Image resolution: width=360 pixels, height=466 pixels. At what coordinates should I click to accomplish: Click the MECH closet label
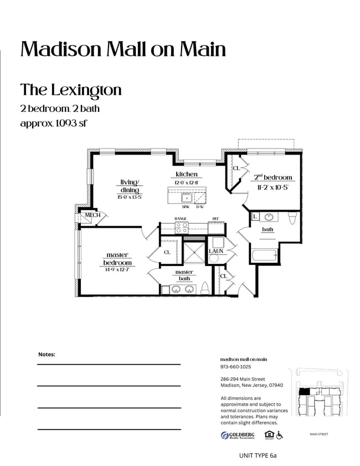(92, 215)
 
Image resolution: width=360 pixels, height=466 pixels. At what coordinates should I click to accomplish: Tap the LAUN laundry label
(216, 252)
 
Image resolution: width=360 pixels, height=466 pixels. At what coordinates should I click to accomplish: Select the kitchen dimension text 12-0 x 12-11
(186, 182)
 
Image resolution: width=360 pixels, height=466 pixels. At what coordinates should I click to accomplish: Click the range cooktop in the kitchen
(182, 227)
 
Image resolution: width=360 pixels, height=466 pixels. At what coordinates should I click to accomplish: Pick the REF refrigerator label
(215, 219)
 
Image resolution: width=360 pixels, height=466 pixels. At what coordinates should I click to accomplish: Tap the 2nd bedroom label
(272, 177)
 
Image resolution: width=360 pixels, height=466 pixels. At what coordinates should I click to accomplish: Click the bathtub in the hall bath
(264, 256)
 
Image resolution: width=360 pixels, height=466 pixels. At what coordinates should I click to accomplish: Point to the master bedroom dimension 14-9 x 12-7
(117, 270)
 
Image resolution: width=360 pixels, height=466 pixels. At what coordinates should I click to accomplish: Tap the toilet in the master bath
(204, 288)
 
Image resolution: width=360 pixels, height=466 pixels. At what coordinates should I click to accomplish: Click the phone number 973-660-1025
(235, 367)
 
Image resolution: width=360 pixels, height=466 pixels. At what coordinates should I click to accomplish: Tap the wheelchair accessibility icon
(280, 435)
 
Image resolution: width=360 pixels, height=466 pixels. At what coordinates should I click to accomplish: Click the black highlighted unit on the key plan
(303, 391)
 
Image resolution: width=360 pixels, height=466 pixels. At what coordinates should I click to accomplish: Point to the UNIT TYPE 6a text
(258, 455)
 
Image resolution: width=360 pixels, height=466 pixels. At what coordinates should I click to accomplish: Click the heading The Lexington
(70, 90)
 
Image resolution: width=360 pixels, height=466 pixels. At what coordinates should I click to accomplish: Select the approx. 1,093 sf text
(54, 123)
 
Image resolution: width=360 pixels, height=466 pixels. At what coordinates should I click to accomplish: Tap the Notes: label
(47, 354)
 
